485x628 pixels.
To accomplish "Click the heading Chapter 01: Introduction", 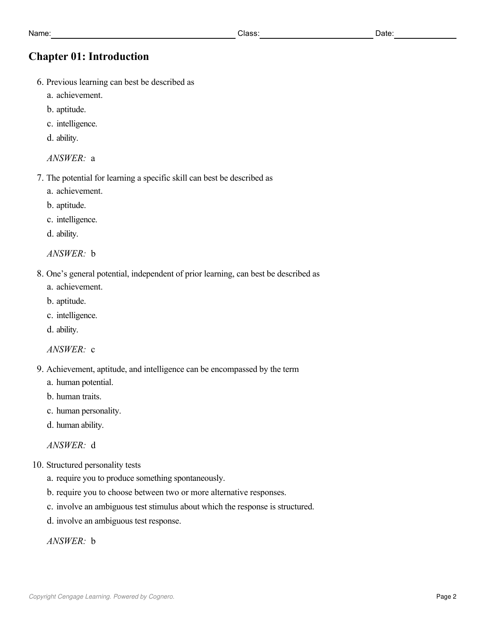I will coord(88,56).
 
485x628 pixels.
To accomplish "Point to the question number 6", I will coord(40,82).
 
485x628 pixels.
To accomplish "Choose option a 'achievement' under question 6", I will coord(79,95).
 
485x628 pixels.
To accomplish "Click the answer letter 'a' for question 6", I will coord(93,158).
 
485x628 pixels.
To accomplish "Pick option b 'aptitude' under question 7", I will coord(71,205).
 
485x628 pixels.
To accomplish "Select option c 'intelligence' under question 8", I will coord(77,315).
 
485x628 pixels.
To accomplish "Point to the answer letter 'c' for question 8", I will coord(93,349).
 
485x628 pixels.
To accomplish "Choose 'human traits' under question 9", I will coord(79,396).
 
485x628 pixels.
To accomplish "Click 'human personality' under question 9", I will coord(88,411).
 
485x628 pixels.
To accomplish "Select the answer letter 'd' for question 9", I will coord(93,445).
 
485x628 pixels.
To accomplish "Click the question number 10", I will coord(38,465).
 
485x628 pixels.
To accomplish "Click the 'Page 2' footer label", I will coord(446,597).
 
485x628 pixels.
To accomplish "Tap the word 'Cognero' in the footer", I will coord(161,597).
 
